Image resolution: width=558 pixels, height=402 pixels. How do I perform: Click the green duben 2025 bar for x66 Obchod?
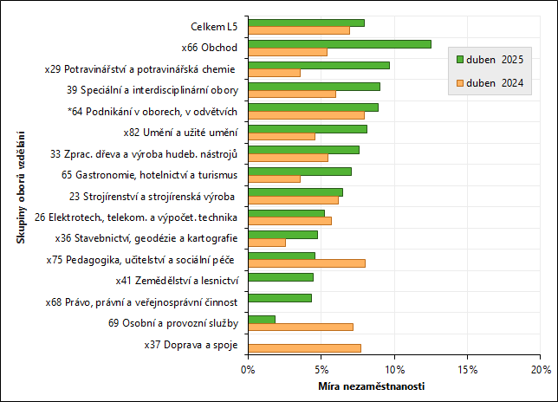[x=340, y=44]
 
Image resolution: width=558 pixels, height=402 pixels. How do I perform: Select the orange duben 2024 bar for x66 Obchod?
[x=288, y=52]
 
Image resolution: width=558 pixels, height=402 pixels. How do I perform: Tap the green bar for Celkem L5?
[x=306, y=23]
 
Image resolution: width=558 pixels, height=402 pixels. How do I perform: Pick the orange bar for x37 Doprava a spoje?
[x=304, y=348]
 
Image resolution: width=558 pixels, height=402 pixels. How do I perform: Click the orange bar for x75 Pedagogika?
[x=307, y=263]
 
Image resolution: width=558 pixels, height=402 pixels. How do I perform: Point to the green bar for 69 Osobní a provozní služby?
[x=262, y=319]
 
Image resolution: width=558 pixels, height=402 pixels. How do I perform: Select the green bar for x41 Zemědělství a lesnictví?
[x=281, y=277]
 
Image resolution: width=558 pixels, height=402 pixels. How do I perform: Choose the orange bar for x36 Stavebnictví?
[x=267, y=243]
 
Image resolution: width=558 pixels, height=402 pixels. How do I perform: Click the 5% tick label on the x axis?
[x=321, y=370]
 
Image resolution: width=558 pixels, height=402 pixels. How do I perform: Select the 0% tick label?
[x=248, y=370]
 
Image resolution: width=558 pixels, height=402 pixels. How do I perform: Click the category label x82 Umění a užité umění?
[x=181, y=132]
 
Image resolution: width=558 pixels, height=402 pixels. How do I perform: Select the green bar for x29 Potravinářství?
[x=319, y=65]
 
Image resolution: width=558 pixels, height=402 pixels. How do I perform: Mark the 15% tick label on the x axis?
[x=467, y=370]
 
